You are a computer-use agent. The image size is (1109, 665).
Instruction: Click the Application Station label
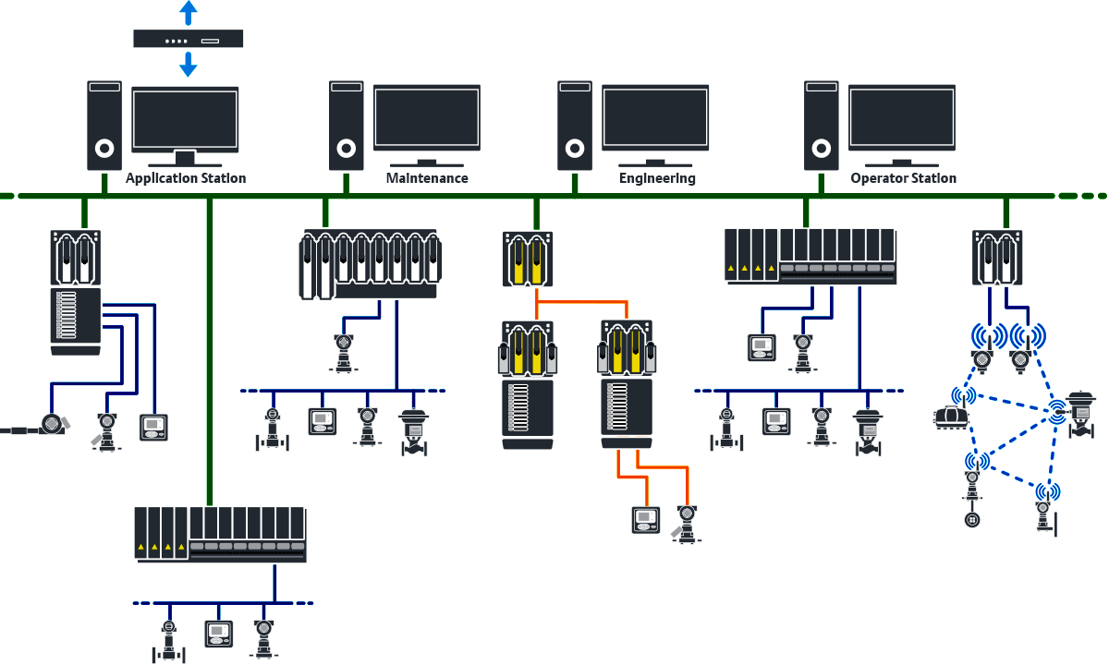pyautogui.click(x=186, y=178)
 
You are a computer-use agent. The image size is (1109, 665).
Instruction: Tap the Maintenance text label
pyautogui.click(x=427, y=178)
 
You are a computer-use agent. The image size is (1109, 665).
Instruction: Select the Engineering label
pyautogui.click(x=657, y=178)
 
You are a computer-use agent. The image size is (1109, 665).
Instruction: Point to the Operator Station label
pyautogui.click(x=903, y=178)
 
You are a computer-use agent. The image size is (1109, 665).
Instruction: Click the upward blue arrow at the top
pyautogui.click(x=189, y=12)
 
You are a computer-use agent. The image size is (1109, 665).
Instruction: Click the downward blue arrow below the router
pyautogui.click(x=189, y=64)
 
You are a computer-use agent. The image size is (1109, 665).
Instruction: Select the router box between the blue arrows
pyautogui.click(x=189, y=38)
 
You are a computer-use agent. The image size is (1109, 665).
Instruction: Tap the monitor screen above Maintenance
pyautogui.click(x=427, y=117)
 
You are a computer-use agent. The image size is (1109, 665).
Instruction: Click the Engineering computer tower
pyautogui.click(x=574, y=125)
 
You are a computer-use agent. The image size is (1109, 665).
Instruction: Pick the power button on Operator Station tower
pyautogui.click(x=820, y=148)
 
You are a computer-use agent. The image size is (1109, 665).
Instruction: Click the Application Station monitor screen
pyautogui.click(x=185, y=117)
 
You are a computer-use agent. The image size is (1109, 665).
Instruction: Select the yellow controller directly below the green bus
pyautogui.click(x=528, y=259)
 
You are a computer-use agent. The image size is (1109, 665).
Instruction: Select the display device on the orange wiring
pyautogui.click(x=643, y=519)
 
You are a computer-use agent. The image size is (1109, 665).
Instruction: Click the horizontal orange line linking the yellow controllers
pyautogui.click(x=582, y=302)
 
